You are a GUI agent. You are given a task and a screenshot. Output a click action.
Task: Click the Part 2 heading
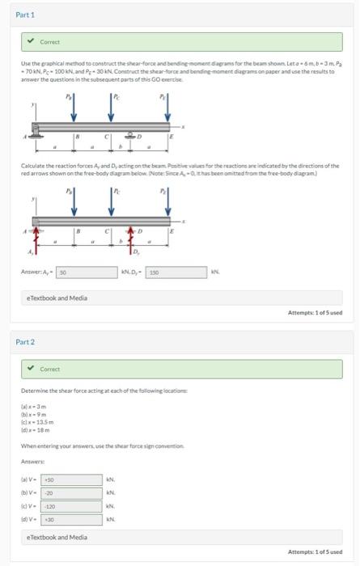coord(27,342)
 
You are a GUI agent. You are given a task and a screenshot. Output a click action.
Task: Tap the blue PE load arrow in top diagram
coord(167,111)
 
